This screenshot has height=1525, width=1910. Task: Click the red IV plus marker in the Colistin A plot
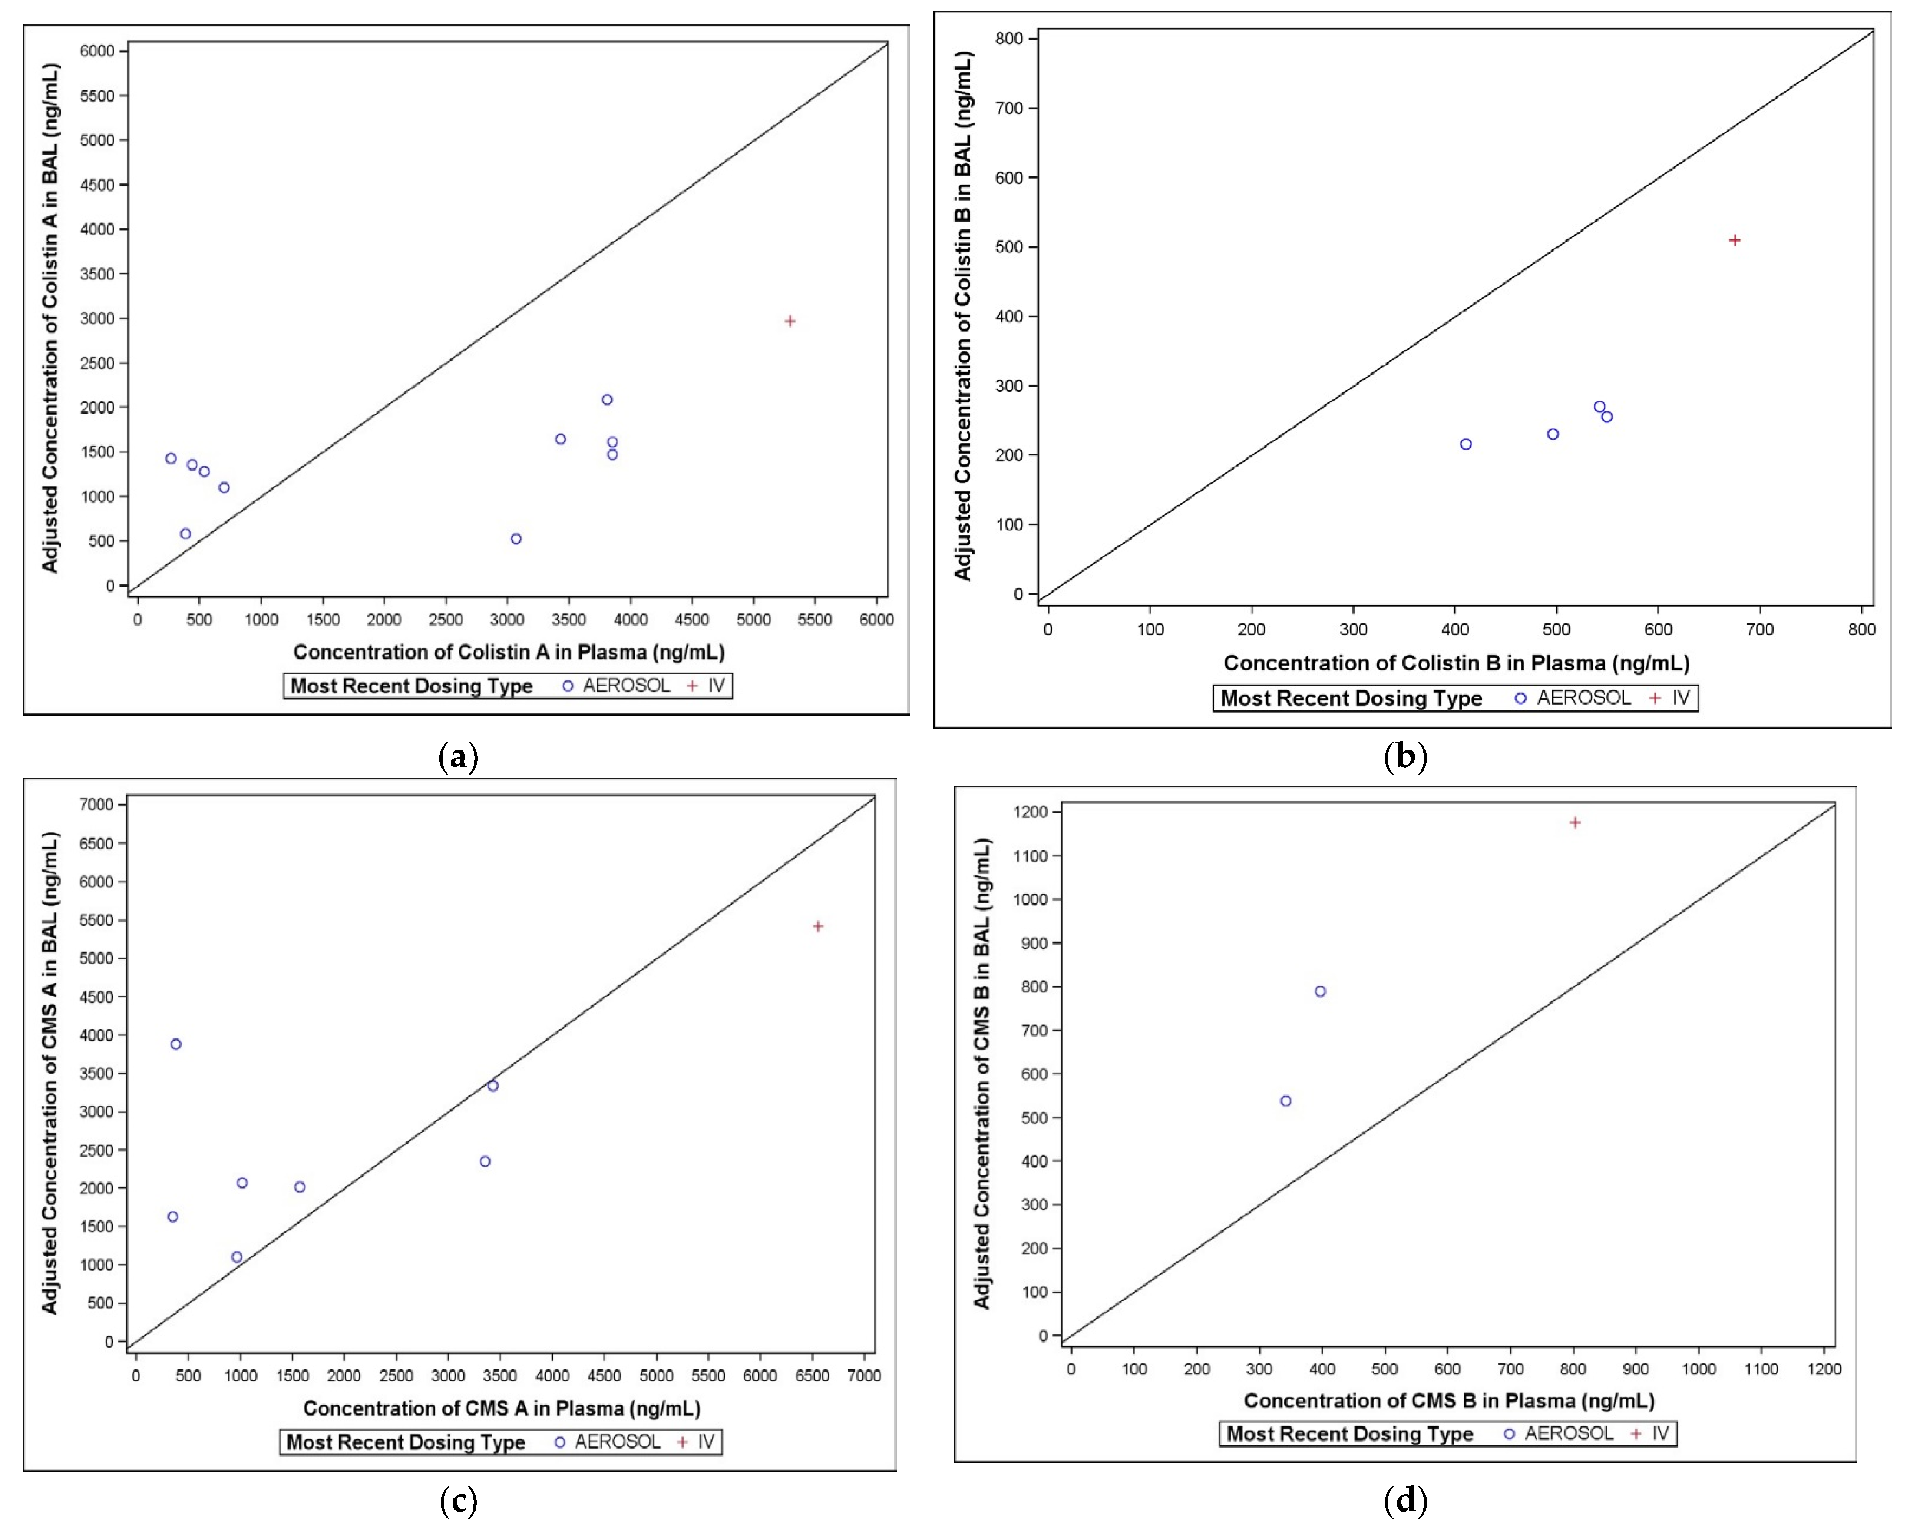[x=790, y=321]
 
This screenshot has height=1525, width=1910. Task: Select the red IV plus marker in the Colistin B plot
[x=1735, y=240]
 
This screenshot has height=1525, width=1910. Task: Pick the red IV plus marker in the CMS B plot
[x=1575, y=822]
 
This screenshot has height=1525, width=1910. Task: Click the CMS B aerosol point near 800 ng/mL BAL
[x=1320, y=991]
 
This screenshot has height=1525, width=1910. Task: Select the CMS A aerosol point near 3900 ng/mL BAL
[x=175, y=1044]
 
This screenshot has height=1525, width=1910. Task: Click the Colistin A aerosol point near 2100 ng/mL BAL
[x=607, y=400]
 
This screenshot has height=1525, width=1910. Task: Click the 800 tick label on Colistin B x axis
[x=1861, y=629]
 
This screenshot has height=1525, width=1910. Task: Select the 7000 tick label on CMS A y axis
[x=96, y=805]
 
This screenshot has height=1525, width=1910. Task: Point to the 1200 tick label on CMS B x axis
[x=1823, y=1369]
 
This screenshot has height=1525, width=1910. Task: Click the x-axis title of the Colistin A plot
[x=509, y=652]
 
